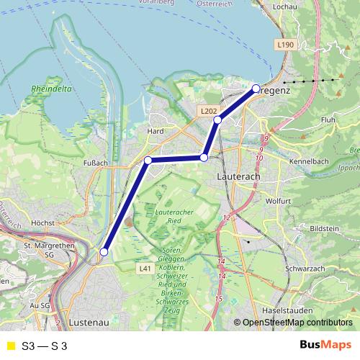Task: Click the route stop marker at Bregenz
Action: click(x=255, y=89)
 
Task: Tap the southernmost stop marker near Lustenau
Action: click(x=104, y=252)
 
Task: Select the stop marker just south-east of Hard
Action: click(x=148, y=160)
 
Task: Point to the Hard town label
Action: click(x=155, y=131)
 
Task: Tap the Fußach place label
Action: click(x=96, y=163)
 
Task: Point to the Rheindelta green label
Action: click(x=47, y=90)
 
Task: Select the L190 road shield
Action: click(x=285, y=45)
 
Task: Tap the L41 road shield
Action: click(x=144, y=269)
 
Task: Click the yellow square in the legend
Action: click(x=10, y=346)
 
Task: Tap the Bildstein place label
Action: click(x=322, y=228)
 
